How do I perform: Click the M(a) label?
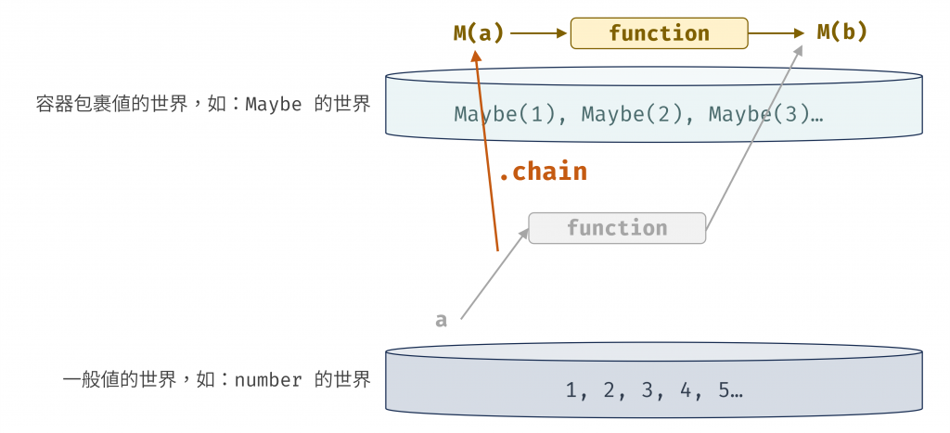click(479, 33)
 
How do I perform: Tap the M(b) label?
click(842, 32)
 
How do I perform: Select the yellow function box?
click(659, 33)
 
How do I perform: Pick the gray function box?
click(617, 228)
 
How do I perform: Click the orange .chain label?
click(543, 172)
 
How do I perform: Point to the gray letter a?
click(442, 321)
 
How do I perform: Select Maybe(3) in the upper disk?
click(762, 115)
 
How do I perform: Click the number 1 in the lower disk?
click(571, 390)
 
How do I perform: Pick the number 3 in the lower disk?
click(648, 390)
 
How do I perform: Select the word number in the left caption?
click(268, 380)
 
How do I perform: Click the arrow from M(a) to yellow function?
click(538, 33)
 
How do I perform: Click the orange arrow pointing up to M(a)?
click(486, 148)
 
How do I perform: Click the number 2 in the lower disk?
click(610, 390)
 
